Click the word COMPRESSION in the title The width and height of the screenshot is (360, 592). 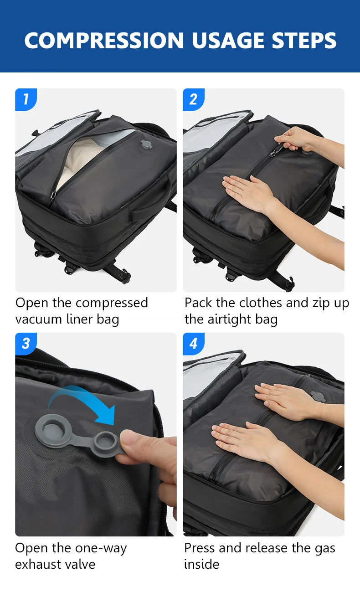[104, 41]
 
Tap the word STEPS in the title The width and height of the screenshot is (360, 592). [304, 41]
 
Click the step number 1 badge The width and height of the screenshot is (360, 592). [26, 99]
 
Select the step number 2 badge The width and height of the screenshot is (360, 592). [194, 99]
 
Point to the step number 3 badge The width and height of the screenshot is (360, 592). [26, 344]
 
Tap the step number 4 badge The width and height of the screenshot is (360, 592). [194, 344]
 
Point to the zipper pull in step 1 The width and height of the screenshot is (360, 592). [53, 197]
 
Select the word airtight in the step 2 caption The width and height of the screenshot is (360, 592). [229, 319]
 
